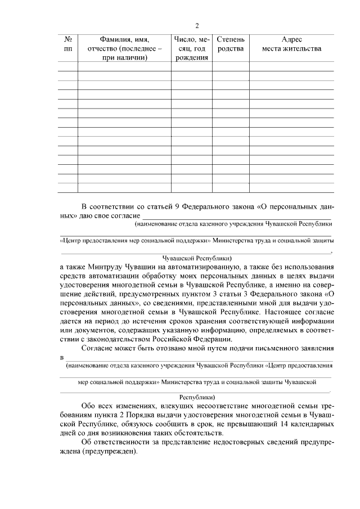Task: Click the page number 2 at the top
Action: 196,25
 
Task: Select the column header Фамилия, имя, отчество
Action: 124,49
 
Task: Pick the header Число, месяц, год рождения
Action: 192,49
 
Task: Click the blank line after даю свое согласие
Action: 236,216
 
